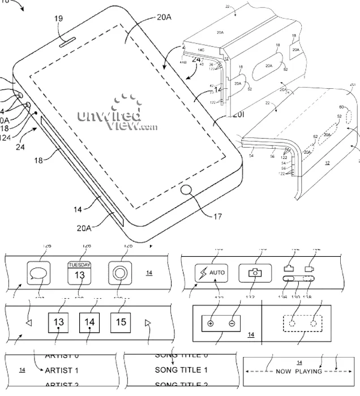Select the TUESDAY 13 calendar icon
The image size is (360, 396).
(79, 273)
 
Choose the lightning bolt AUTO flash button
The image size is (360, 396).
(211, 273)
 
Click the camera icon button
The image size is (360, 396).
(254, 273)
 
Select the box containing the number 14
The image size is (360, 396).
(89, 322)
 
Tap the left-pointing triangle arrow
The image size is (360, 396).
(29, 324)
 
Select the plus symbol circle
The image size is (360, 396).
(211, 324)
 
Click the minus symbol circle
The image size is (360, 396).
(232, 324)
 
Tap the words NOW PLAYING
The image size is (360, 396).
(299, 372)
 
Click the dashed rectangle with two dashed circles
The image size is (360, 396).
(302, 323)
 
